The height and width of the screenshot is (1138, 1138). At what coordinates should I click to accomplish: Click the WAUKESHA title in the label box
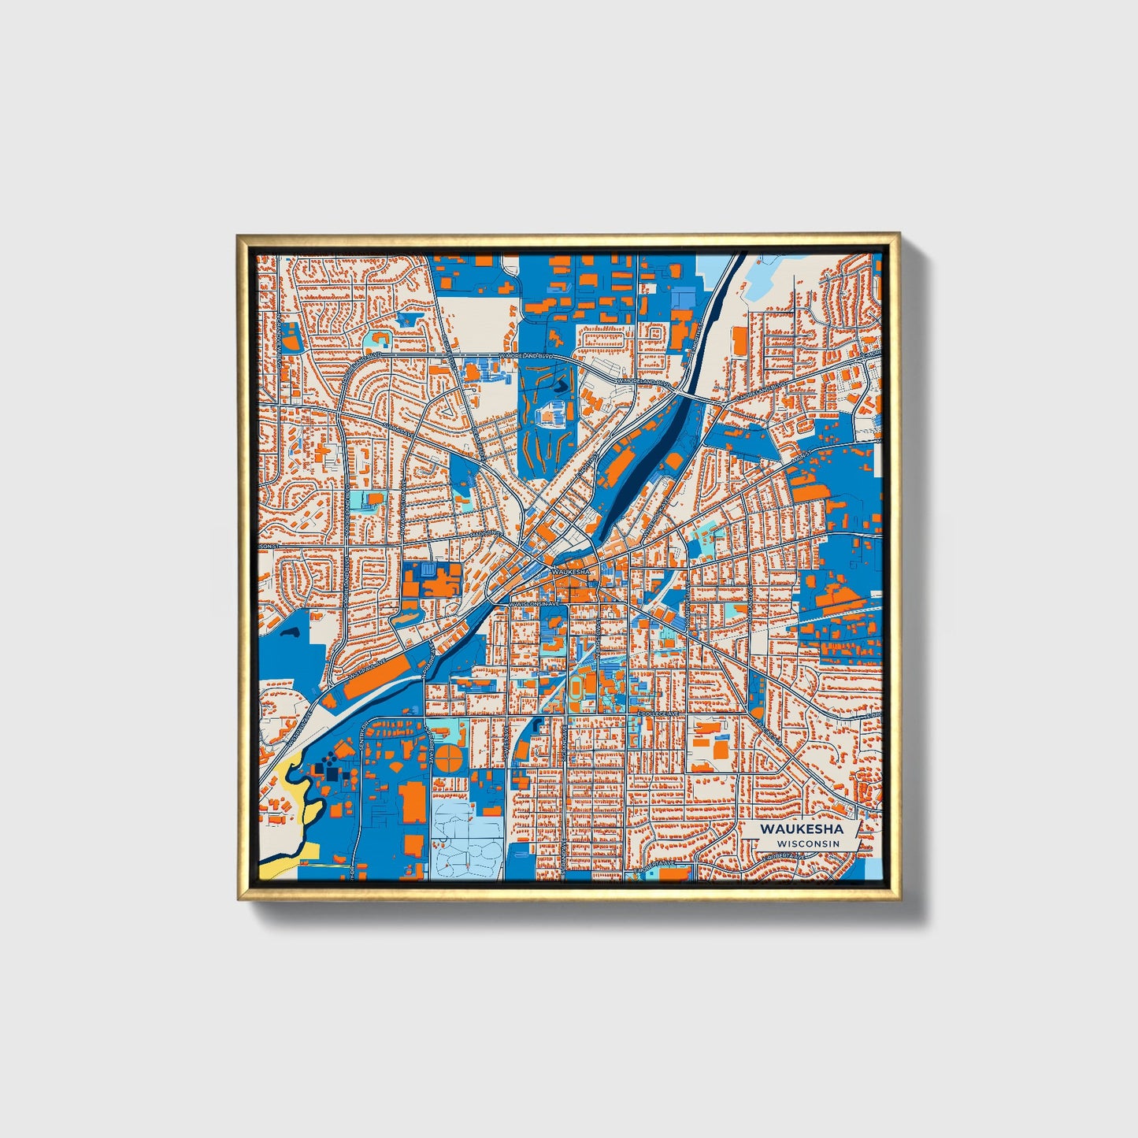802,829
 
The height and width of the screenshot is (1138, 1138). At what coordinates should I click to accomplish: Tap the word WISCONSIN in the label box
807,843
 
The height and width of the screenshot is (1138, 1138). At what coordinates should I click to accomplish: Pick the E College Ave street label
658,714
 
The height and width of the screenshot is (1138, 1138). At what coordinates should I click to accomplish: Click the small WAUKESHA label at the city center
571,571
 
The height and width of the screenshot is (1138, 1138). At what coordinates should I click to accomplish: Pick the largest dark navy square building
331,776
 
